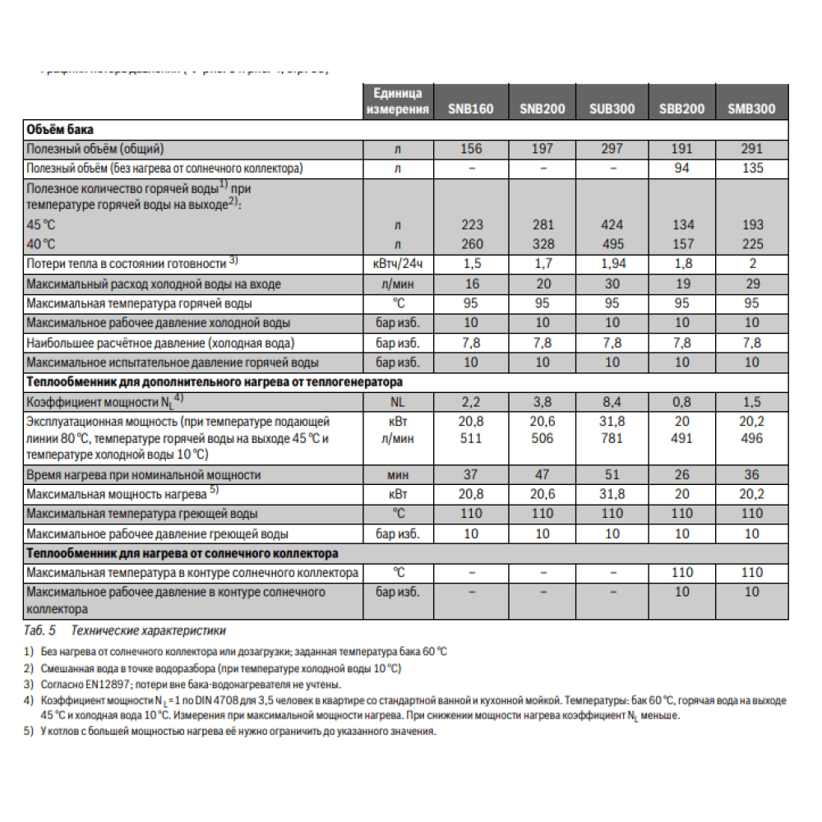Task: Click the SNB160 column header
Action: pyautogui.click(x=471, y=109)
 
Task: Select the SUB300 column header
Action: pyautogui.click(x=612, y=109)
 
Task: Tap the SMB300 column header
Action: pyautogui.click(x=751, y=109)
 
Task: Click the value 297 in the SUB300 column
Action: pyautogui.click(x=612, y=149)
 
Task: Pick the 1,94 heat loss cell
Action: pyautogui.click(x=612, y=264)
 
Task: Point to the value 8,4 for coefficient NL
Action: pyautogui.click(x=612, y=402)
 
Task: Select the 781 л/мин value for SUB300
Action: pyautogui.click(x=612, y=438)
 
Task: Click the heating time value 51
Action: pyautogui.click(x=612, y=474)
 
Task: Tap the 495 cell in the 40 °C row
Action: pyautogui.click(x=612, y=243)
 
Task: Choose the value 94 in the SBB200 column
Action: pyautogui.click(x=682, y=169)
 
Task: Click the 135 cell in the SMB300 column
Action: pyautogui.click(x=751, y=169)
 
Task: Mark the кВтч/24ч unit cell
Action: pyautogui.click(x=398, y=264)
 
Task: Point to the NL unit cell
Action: pyautogui.click(x=398, y=402)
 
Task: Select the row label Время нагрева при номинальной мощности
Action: pyautogui.click(x=144, y=474)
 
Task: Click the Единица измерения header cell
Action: pyautogui.click(x=398, y=101)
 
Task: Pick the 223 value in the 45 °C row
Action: pyautogui.click(x=472, y=224)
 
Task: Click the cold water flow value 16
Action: pyautogui.click(x=472, y=284)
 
